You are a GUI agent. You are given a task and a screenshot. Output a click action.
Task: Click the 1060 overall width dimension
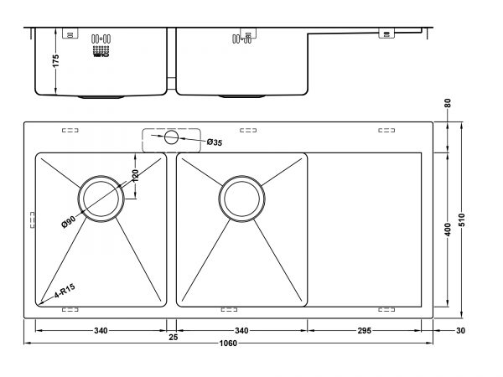(x=228, y=343)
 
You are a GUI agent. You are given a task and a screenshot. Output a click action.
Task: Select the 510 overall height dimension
(x=462, y=219)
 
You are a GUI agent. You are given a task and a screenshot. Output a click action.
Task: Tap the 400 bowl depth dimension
(x=448, y=230)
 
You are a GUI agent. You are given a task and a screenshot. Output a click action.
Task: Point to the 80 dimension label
(x=448, y=103)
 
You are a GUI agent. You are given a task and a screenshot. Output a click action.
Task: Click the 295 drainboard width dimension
(x=365, y=331)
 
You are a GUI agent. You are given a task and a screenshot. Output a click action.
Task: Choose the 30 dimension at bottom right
(x=460, y=331)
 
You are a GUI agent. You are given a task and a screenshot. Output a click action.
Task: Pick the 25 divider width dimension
(x=174, y=338)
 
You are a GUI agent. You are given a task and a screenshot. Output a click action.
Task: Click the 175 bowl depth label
(x=55, y=61)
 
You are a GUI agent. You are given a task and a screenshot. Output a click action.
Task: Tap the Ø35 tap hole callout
(x=215, y=142)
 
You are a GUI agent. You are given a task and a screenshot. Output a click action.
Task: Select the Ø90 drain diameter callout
(x=69, y=221)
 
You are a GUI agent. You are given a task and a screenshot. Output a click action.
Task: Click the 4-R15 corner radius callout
(x=65, y=291)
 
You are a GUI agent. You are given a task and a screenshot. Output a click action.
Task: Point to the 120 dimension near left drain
(x=135, y=176)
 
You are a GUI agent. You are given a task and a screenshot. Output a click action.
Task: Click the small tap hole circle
(x=171, y=137)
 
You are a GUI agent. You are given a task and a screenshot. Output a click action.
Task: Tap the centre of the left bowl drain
(x=101, y=199)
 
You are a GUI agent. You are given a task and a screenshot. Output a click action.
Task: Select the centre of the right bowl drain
(x=242, y=199)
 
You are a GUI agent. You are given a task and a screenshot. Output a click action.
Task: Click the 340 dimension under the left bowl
(x=101, y=331)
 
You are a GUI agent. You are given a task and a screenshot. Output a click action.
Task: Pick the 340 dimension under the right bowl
(x=241, y=331)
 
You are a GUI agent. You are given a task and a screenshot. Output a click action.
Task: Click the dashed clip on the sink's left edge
(x=33, y=219)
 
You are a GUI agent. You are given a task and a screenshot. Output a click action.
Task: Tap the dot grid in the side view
(x=101, y=49)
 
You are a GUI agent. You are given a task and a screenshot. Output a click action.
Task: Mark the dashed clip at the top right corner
(x=386, y=130)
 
